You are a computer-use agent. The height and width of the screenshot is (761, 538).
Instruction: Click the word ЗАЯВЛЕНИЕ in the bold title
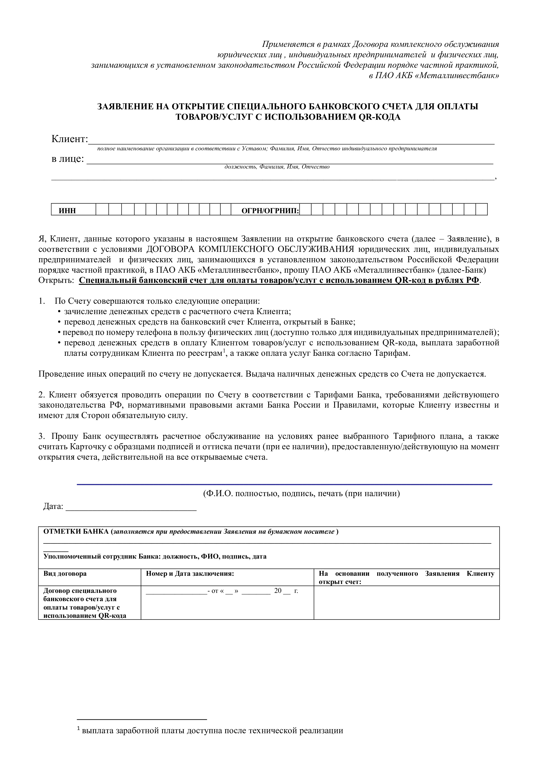click(x=125, y=107)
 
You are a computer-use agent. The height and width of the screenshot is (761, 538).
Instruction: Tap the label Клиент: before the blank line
click(x=70, y=139)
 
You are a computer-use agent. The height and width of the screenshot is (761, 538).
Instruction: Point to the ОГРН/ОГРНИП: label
click(x=270, y=211)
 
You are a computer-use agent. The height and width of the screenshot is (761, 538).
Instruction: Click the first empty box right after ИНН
click(x=102, y=210)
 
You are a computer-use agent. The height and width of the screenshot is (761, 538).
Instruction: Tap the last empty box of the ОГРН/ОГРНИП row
click(x=481, y=210)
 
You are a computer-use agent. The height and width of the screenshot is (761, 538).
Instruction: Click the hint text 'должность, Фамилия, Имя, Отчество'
click(x=277, y=167)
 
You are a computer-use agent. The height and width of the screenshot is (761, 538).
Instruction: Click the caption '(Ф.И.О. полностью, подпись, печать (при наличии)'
click(x=301, y=494)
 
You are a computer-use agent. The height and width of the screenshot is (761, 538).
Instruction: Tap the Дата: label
click(x=53, y=507)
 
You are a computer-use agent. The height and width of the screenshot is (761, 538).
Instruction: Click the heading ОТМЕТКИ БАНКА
click(x=76, y=532)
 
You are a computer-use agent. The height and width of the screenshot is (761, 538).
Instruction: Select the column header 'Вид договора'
click(x=65, y=574)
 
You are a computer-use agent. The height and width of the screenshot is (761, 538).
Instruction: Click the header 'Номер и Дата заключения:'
click(x=190, y=574)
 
